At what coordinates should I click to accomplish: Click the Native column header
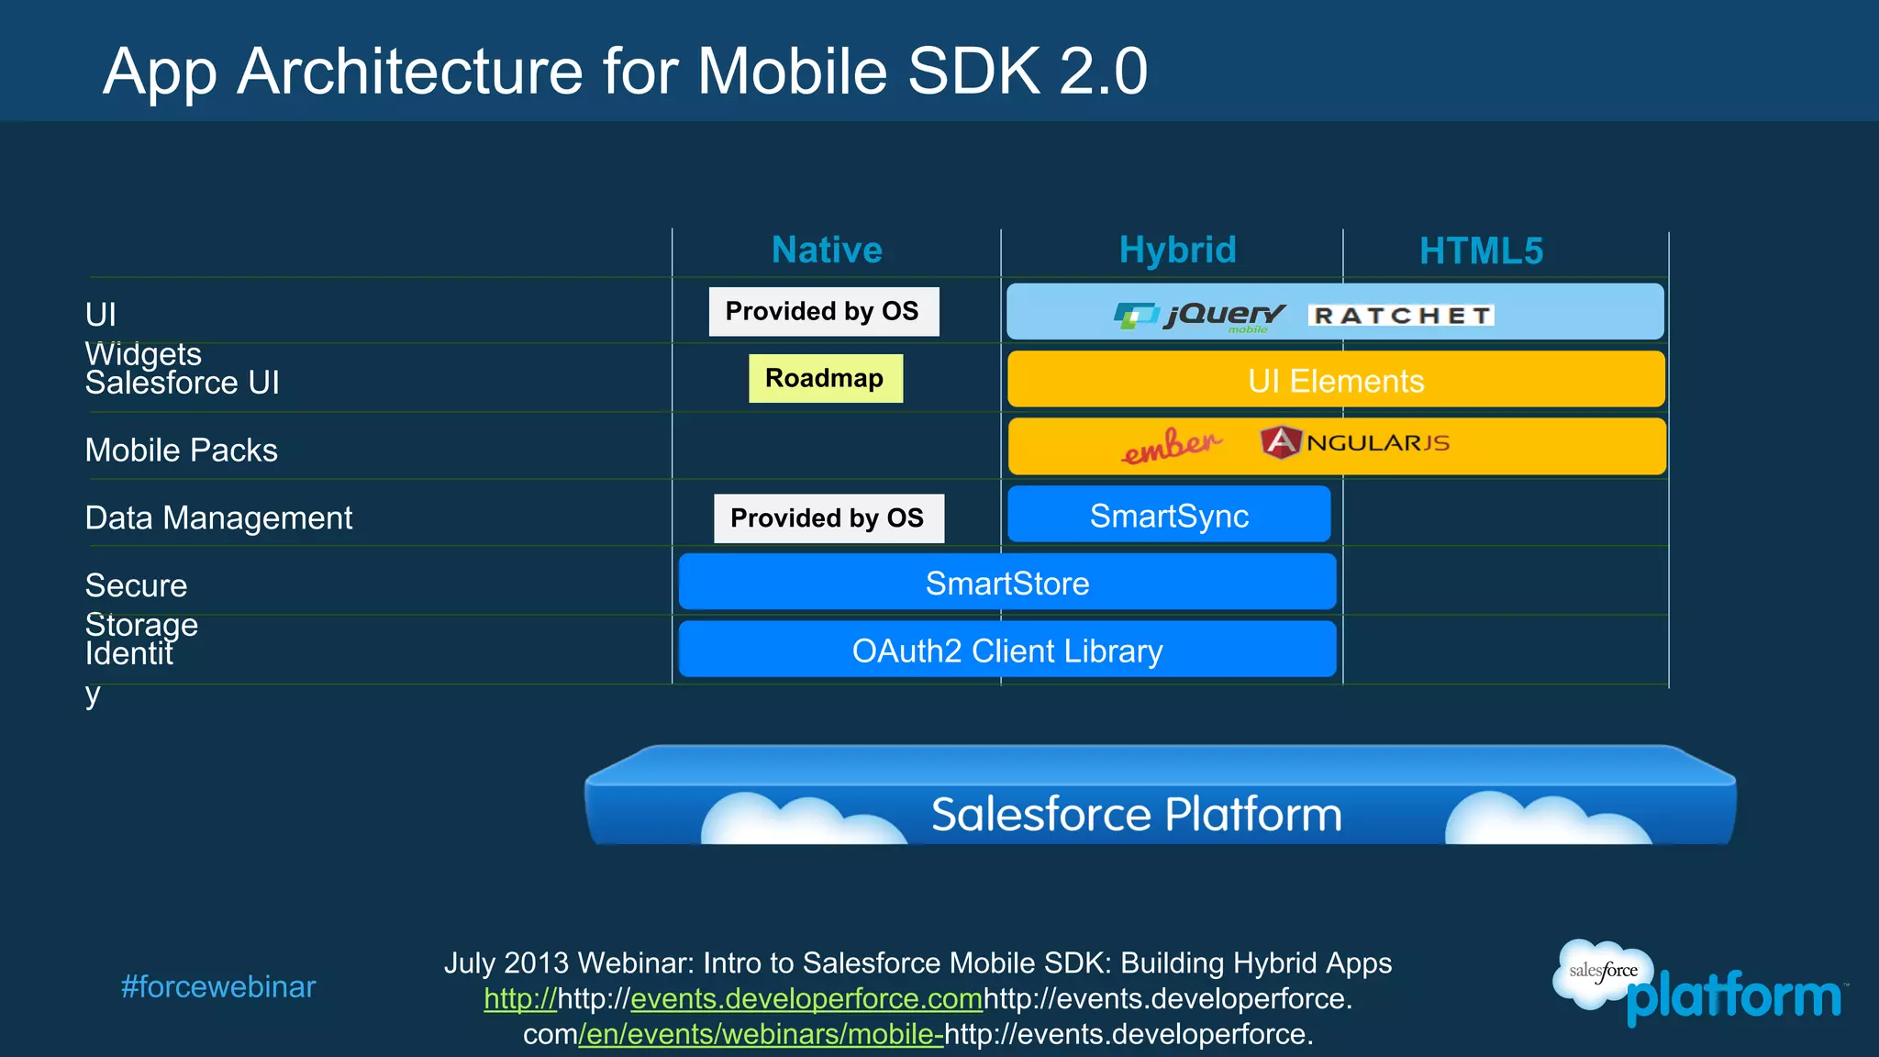(827, 250)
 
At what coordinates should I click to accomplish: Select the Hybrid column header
(1177, 250)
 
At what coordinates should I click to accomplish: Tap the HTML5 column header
(1481, 251)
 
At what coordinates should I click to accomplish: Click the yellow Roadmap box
(825, 378)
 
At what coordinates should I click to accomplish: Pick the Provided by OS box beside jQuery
(823, 312)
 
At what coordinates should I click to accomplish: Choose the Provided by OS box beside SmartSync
(828, 518)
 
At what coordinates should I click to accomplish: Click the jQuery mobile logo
(1200, 317)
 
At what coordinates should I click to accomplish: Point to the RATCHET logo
(1401, 316)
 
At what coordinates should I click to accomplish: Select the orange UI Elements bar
(1336, 380)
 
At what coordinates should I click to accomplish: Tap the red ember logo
(1172, 446)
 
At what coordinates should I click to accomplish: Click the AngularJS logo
(1354, 443)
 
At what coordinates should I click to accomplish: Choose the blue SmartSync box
(1169, 516)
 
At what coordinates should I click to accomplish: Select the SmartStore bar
(1006, 584)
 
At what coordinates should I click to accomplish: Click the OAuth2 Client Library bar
(1006, 651)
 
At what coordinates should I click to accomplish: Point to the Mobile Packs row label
(181, 451)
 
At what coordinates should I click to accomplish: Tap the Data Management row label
(218, 518)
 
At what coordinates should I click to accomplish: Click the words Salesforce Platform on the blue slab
(1136, 815)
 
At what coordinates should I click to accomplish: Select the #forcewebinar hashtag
(218, 987)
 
